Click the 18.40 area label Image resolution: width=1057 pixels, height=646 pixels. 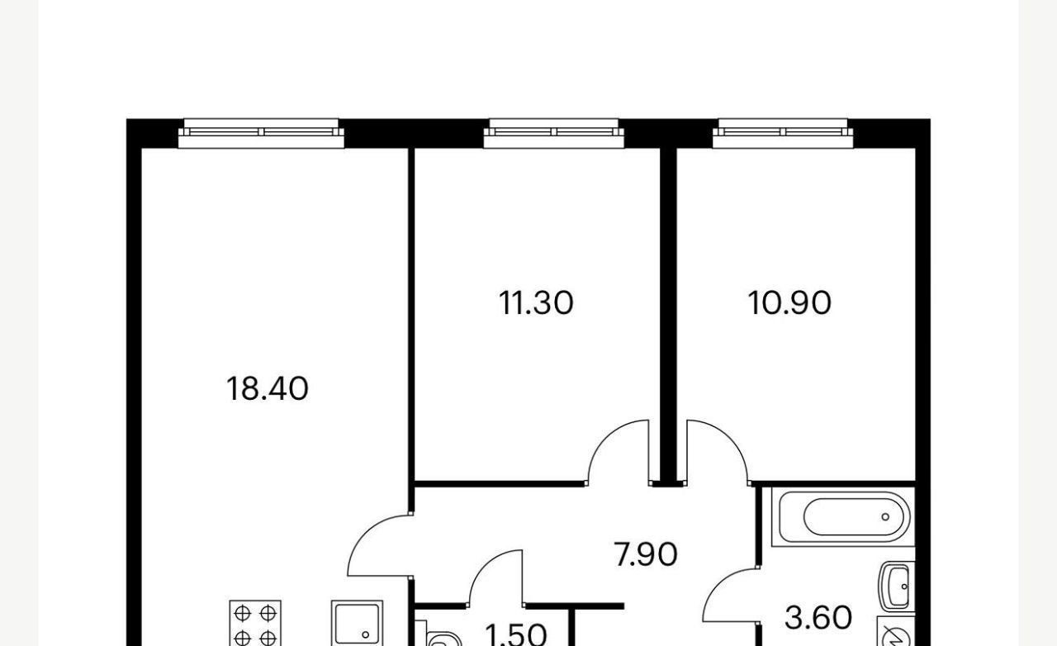coord(267,389)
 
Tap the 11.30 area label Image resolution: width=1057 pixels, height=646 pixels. coord(536,302)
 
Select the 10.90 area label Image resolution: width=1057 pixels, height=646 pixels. coord(789,302)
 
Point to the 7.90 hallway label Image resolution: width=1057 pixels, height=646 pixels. coord(645,554)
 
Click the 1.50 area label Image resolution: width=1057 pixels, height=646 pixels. coord(516,635)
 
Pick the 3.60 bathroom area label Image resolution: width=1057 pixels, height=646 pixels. coord(818,618)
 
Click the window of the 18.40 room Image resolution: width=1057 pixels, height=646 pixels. coord(261,133)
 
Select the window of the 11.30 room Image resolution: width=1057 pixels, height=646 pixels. coord(553,133)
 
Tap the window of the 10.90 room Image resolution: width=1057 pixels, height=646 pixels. coord(783,133)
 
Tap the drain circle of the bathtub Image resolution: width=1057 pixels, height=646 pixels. coord(885,516)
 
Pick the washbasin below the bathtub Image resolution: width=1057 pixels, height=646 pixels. coord(897,587)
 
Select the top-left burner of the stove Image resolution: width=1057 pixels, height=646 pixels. coord(242,614)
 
